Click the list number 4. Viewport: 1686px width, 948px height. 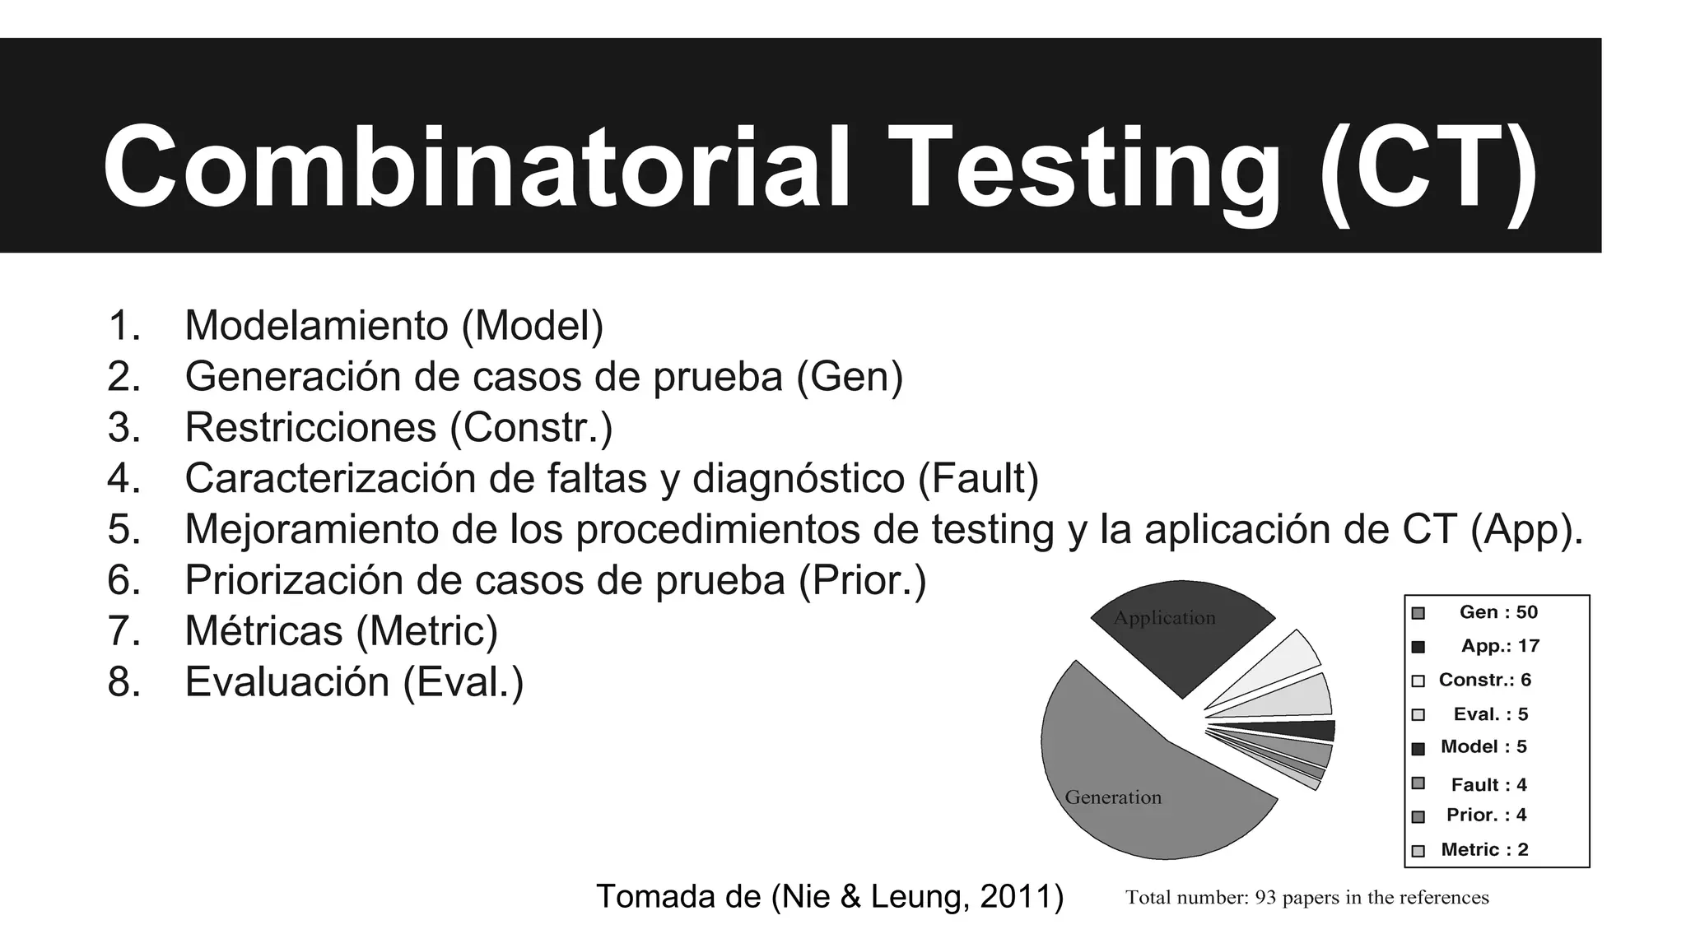(x=123, y=478)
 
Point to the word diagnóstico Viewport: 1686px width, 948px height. (x=798, y=478)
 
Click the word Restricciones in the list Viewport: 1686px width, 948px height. (x=310, y=427)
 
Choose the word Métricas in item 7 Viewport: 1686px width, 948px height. (x=263, y=631)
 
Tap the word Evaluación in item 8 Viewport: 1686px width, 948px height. (x=288, y=682)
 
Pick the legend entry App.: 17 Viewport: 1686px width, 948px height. (x=1499, y=646)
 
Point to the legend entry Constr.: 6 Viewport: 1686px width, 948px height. (x=1484, y=680)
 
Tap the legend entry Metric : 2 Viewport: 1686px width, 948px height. (x=1483, y=850)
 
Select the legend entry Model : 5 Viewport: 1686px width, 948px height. (x=1483, y=747)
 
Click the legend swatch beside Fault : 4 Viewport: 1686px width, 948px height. (x=1418, y=783)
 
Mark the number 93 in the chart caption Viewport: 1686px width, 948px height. (x=1265, y=898)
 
